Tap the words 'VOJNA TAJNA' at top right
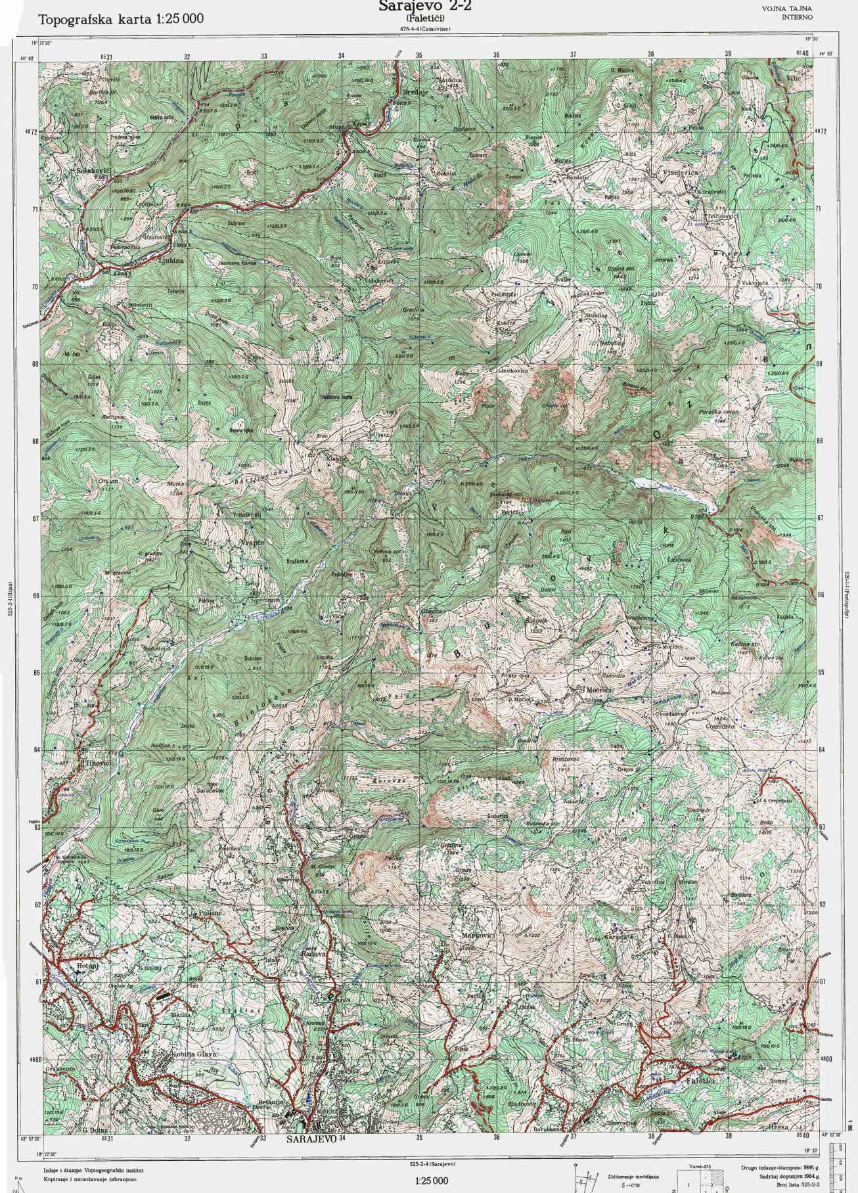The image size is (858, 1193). point(787,9)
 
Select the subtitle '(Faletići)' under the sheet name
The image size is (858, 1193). point(425,19)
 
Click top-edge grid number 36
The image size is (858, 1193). point(496,55)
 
